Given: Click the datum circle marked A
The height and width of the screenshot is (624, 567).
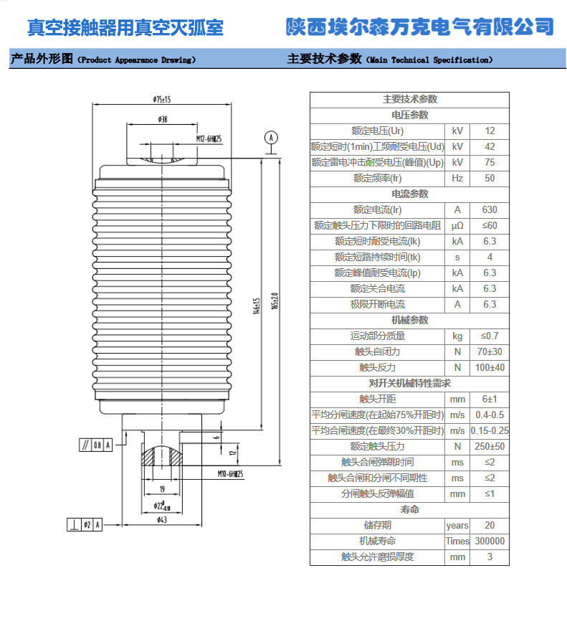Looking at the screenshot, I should click(270, 136).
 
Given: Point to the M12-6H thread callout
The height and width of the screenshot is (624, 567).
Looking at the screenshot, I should click(209, 138).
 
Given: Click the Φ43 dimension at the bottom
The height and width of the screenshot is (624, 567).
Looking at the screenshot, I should click(162, 519).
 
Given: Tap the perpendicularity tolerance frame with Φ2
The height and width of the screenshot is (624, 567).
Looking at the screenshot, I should click(85, 525).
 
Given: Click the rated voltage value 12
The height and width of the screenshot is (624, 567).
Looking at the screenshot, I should click(490, 131).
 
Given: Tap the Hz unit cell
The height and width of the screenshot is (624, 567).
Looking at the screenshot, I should click(457, 178).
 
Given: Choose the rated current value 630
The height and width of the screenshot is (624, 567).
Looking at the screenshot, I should click(490, 209).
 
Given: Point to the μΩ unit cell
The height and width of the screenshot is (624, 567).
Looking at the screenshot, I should click(457, 225).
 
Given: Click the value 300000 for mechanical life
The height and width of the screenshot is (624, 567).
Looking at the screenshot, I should click(490, 541).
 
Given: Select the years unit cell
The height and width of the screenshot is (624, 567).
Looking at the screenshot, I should click(457, 525).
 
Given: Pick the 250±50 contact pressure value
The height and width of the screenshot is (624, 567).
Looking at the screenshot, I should click(490, 446).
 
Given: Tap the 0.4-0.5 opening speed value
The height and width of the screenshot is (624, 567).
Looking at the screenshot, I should click(490, 415).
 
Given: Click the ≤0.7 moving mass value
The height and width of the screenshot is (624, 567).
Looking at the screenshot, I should click(490, 336).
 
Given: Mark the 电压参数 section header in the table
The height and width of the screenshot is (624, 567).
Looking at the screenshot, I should click(409, 115).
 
